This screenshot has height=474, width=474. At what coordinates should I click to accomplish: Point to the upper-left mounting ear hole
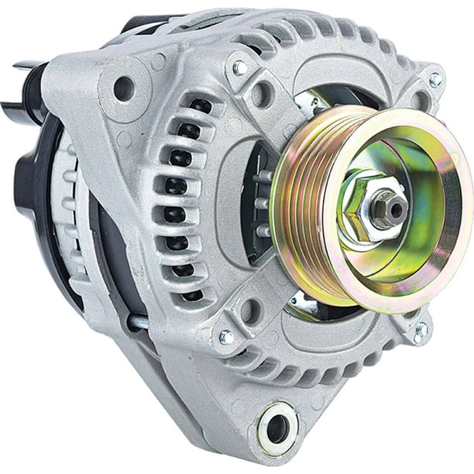click(124, 88)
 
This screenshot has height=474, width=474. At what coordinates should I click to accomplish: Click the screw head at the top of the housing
click(240, 68)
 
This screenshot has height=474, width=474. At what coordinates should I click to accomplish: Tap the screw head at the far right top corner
click(434, 80)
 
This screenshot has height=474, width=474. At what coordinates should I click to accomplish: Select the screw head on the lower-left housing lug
click(226, 337)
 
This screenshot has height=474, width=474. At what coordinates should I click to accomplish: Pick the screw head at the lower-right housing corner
click(421, 331)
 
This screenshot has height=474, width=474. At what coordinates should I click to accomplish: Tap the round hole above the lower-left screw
click(249, 311)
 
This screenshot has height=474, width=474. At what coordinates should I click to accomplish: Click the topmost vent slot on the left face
click(201, 107)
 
